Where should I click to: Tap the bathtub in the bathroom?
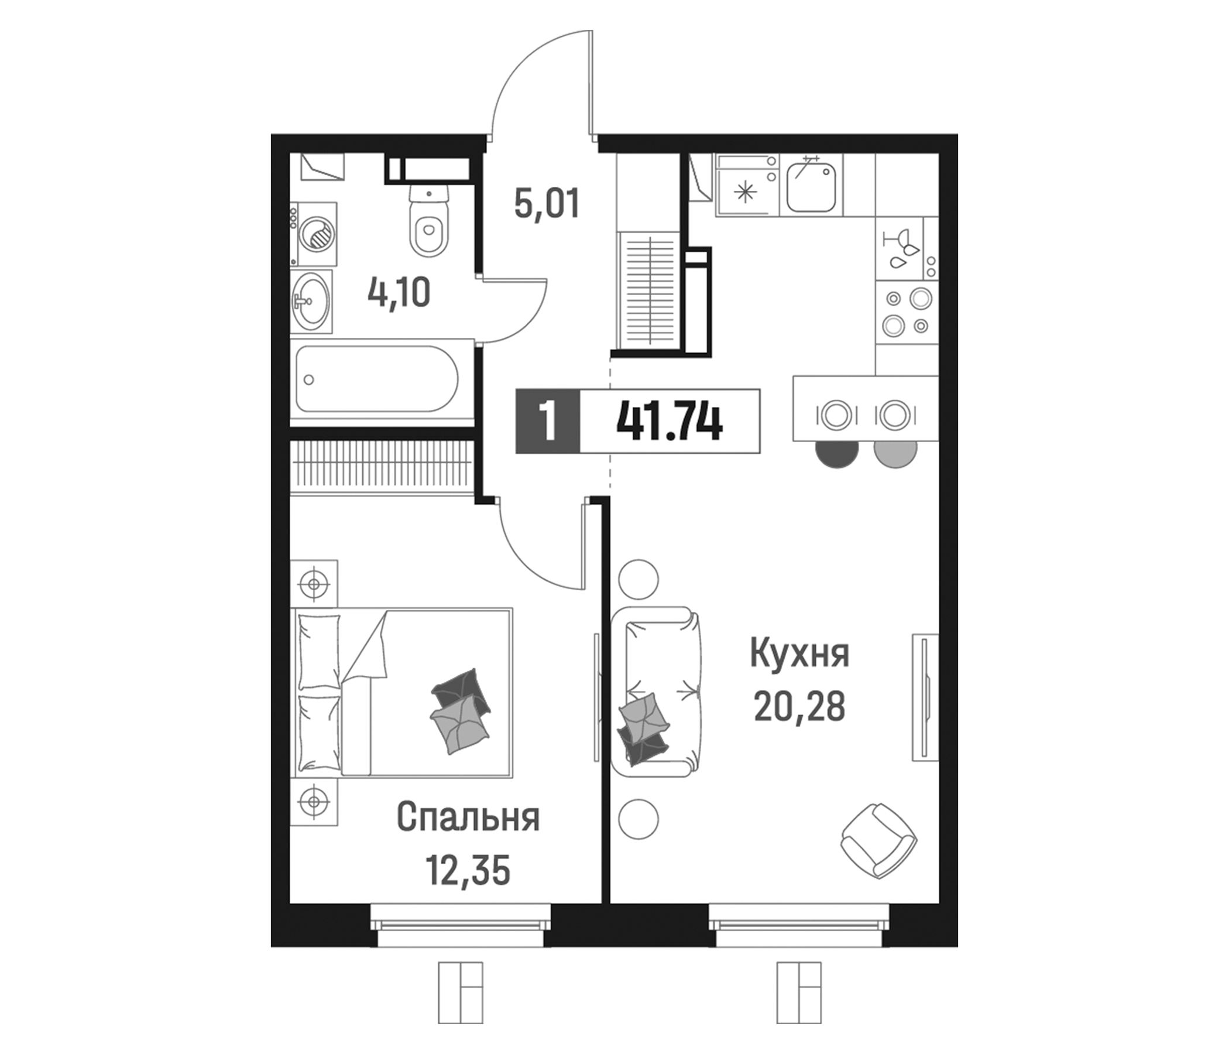[x=377, y=379]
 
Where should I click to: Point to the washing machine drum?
[x=318, y=234]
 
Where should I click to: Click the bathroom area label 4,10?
[x=399, y=293]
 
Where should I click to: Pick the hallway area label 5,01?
[x=546, y=204]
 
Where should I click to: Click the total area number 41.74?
[x=669, y=422]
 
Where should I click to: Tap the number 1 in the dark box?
[x=547, y=422]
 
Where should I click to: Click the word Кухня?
[x=799, y=653]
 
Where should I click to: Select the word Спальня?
[x=468, y=818]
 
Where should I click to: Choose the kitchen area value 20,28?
[x=799, y=707]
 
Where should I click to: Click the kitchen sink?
[x=811, y=187]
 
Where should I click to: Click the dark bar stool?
[x=837, y=454]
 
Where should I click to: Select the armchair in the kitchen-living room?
[x=878, y=840]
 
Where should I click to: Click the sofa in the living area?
[x=655, y=692]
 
